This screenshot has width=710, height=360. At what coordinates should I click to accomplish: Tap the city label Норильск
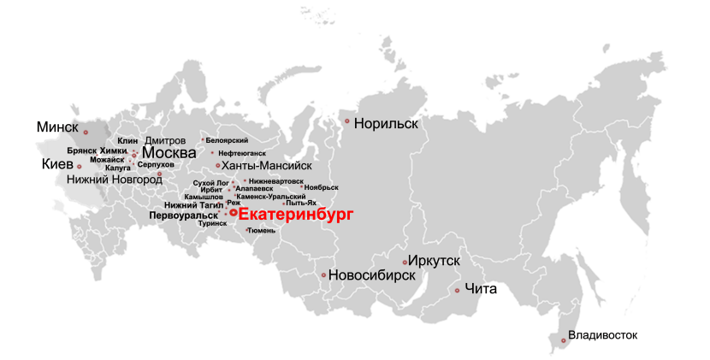tap(386, 123)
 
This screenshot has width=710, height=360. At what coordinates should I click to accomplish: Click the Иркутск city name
tap(435, 260)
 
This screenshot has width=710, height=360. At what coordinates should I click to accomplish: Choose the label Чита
tap(481, 289)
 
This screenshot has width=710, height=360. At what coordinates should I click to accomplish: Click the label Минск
tap(57, 127)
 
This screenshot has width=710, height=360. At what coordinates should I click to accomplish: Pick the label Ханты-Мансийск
tap(266, 165)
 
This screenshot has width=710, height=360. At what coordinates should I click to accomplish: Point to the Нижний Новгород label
tap(114, 180)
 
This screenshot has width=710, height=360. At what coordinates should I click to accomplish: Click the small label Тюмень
tap(263, 230)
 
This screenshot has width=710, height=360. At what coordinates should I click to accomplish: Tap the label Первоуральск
tap(183, 215)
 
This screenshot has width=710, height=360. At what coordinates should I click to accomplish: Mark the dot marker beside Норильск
tap(346, 121)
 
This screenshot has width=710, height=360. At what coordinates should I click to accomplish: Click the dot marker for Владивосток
tap(563, 340)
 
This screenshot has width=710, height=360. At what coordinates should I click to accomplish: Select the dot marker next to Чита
tap(457, 291)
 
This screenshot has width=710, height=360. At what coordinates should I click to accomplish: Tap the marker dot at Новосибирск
tap(323, 275)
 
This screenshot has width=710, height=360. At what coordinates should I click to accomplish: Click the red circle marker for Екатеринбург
tap(233, 213)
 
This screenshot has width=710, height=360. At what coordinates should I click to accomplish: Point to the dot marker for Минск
tap(86, 132)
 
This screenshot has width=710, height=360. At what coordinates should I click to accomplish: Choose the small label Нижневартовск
tap(275, 181)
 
